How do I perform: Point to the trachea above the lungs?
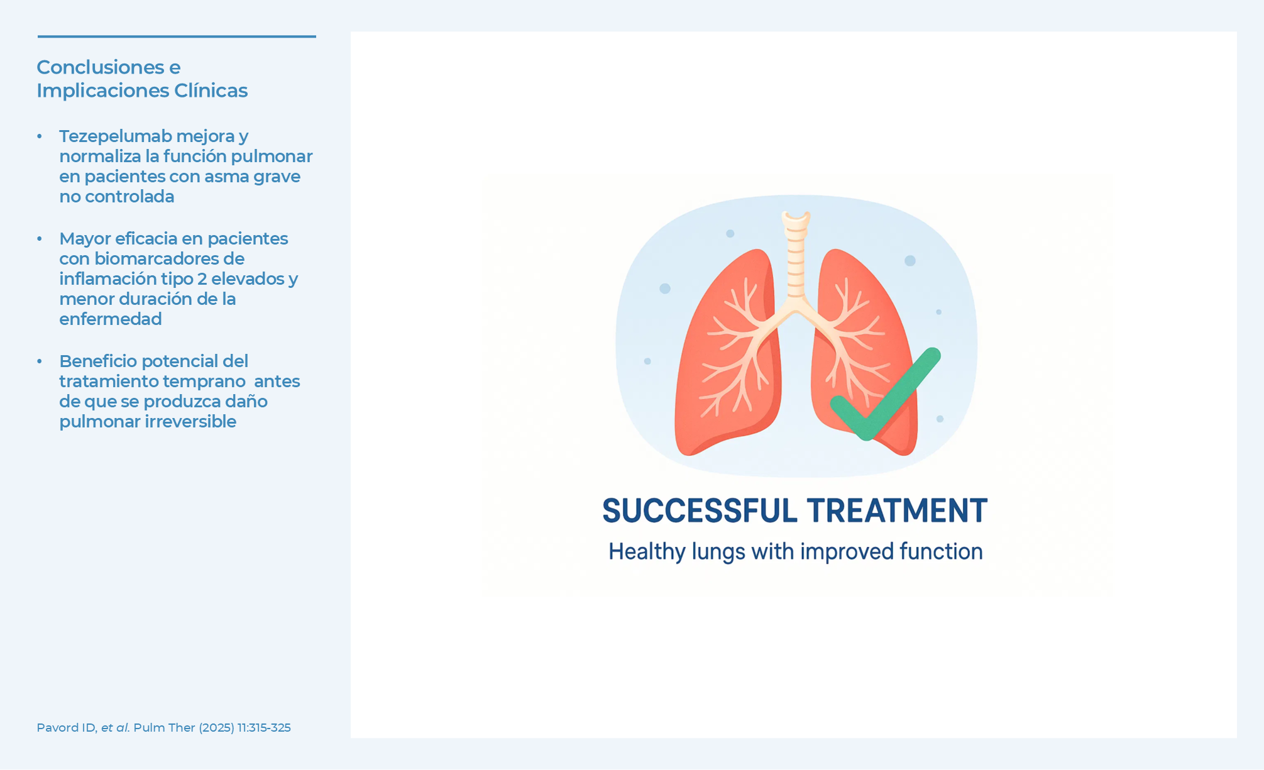click(x=796, y=258)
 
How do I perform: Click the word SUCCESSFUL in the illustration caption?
click(x=700, y=510)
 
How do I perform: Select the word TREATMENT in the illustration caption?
click(x=897, y=510)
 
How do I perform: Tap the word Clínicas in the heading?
click(x=211, y=91)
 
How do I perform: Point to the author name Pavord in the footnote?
click(x=56, y=727)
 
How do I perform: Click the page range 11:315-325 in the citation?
click(x=264, y=727)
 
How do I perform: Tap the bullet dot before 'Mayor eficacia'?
click(x=40, y=239)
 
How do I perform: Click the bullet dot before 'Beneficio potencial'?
click(x=40, y=361)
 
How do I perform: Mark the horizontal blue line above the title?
click(x=177, y=36)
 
